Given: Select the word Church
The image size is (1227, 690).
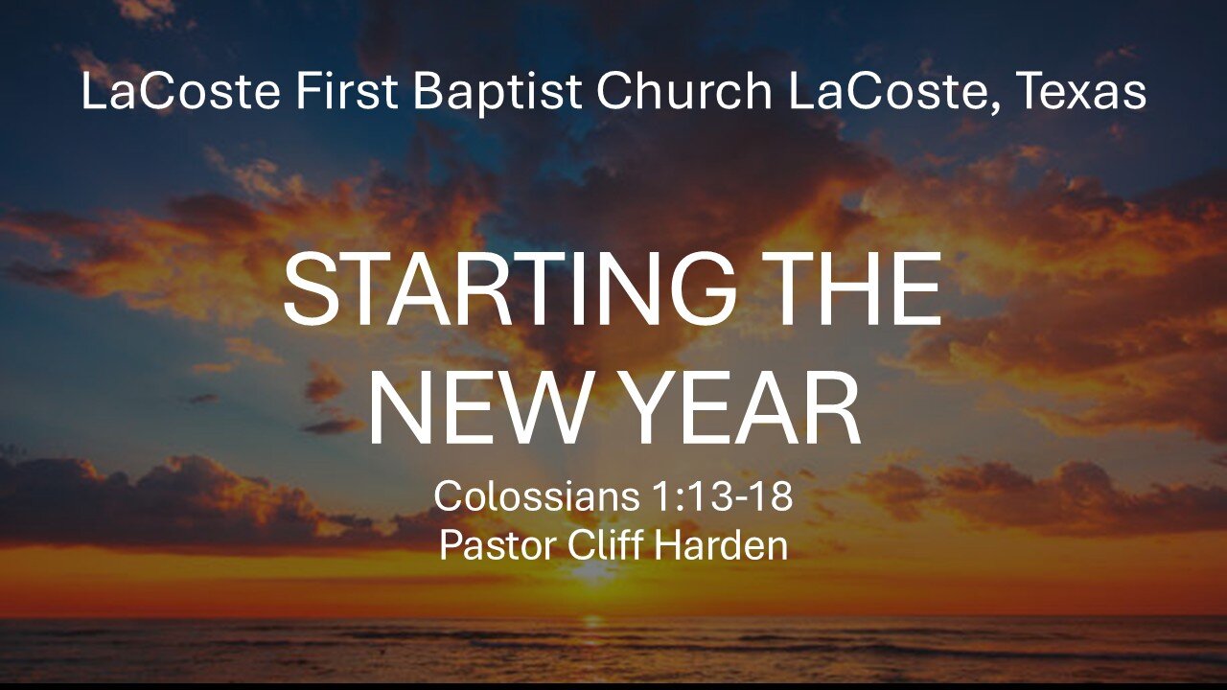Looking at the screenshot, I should [683, 92].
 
